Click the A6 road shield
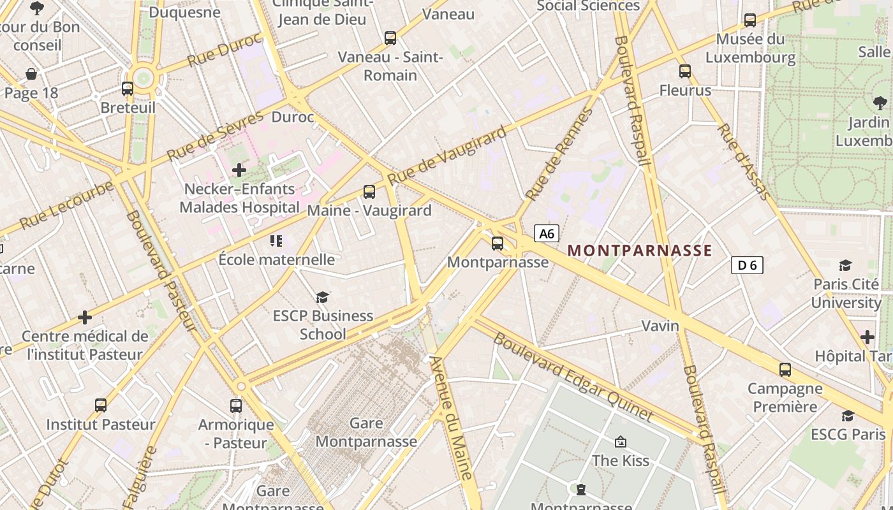pos(547,234)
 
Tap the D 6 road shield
pos(747,265)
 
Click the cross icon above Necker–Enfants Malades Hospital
pos(239,170)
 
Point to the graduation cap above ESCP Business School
pos(323,297)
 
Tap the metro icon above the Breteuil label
pos(128,89)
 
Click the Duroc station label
pos(293,117)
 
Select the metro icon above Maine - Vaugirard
pos(369,191)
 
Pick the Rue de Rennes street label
pos(558,156)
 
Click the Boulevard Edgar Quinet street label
pos(573,377)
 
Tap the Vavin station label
pos(660,326)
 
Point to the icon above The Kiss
pos(620,441)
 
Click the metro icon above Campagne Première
pos(785,369)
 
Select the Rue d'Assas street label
pos(742,161)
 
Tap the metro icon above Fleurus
pos(685,71)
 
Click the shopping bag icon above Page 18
pos(31,74)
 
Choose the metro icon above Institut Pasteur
pos(101,405)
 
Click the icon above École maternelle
pos(276,240)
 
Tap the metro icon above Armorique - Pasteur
pos(236,405)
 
